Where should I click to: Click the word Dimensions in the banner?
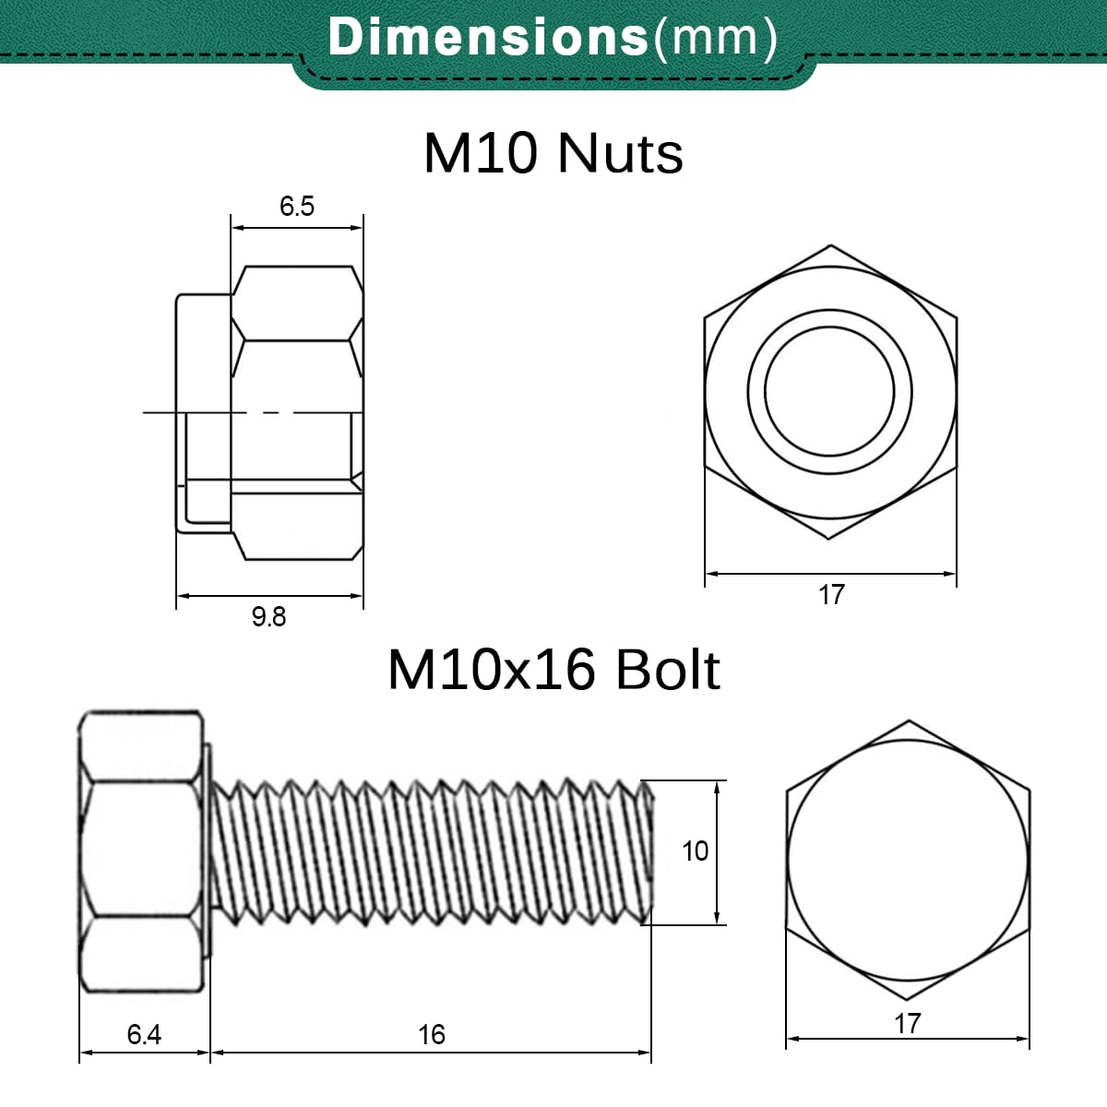point(488,37)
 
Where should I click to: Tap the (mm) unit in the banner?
point(716,38)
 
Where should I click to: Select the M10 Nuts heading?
point(553,153)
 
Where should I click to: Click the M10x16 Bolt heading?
point(553,670)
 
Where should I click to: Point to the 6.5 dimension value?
point(297,207)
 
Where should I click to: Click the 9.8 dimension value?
point(268,617)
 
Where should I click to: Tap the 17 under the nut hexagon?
point(831,595)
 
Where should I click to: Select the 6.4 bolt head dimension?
point(144,1034)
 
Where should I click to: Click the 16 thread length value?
point(432,1035)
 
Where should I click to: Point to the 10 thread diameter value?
point(696,851)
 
